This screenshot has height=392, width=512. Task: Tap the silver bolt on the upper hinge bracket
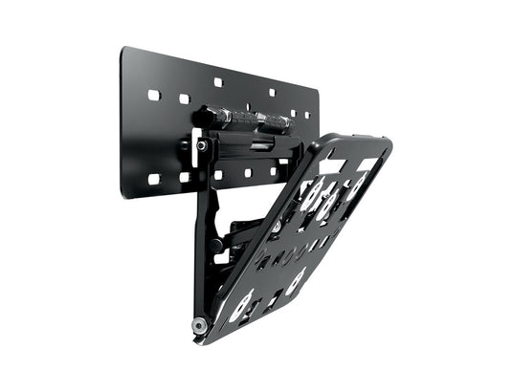tap(203, 146)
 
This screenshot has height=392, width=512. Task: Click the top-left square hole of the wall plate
tap(153, 96)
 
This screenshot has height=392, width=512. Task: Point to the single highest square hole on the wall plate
tap(218, 82)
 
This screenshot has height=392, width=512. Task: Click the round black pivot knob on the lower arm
tap(218, 245)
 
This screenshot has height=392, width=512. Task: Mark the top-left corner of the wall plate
tap(124, 48)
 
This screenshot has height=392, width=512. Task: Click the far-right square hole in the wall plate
tap(306, 115)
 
